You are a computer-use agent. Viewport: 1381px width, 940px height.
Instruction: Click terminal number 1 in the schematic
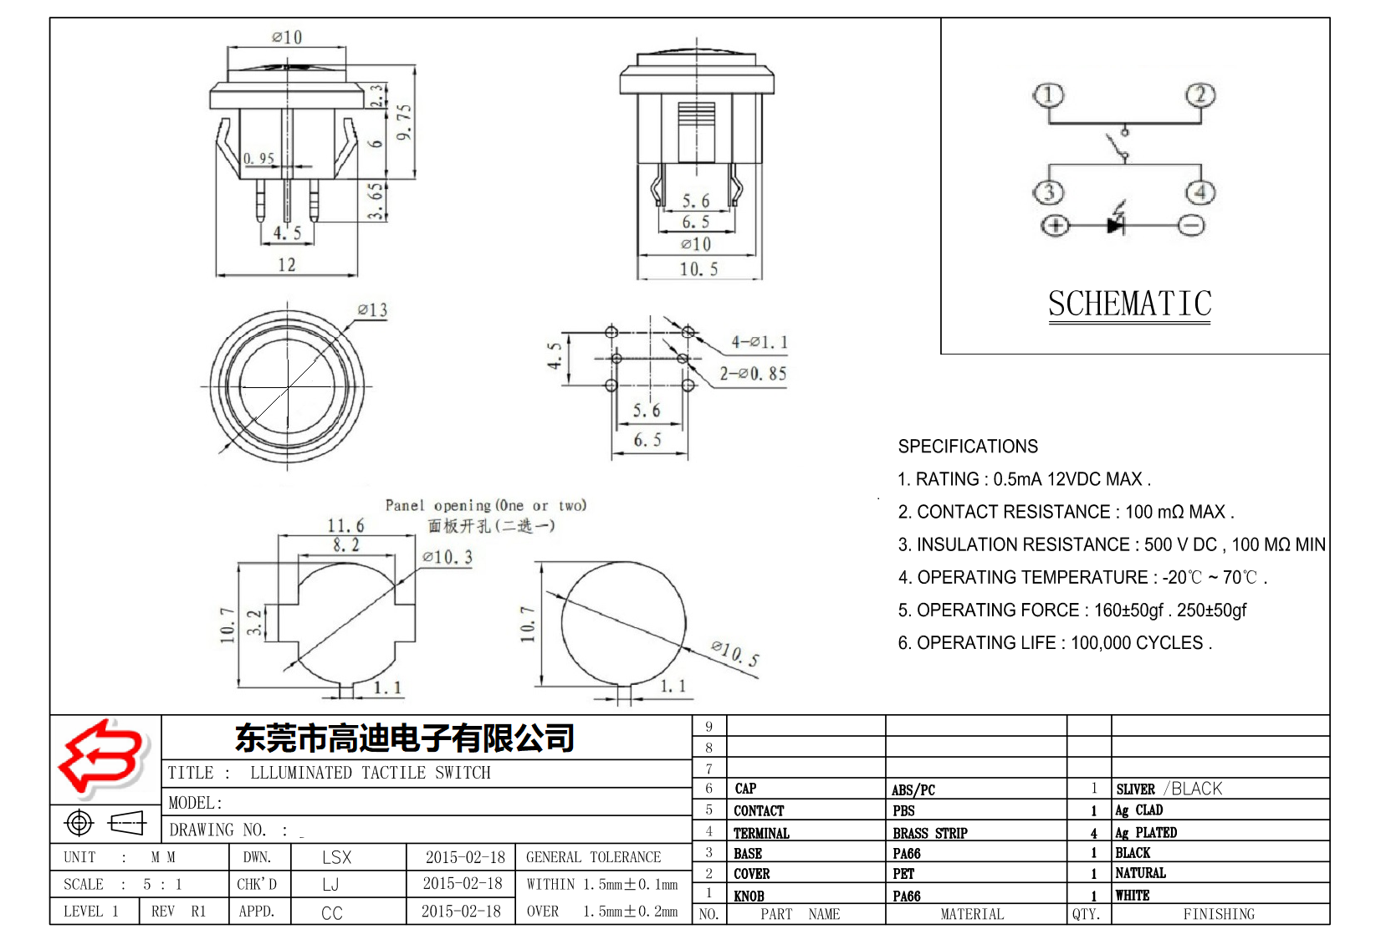coord(1048,95)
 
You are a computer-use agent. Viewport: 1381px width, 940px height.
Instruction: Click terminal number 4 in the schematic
coord(1200,193)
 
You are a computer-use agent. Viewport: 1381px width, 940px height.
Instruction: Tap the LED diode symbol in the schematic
coord(1117,223)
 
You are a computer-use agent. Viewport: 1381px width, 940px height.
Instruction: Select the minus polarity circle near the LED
coord(1191,225)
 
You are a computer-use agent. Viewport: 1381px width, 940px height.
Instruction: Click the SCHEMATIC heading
coord(1129,304)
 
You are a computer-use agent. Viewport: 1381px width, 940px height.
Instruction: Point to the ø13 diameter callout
coord(372,310)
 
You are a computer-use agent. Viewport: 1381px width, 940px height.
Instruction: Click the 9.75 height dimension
coord(404,122)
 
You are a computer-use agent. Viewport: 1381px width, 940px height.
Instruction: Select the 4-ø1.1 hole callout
coord(760,342)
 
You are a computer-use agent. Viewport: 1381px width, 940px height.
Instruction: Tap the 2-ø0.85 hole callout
coord(753,374)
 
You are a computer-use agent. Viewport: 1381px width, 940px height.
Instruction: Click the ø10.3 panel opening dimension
coord(448,557)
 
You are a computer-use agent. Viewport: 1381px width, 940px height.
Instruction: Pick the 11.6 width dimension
coord(345,526)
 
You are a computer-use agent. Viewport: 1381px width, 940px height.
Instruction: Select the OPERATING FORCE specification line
coord(1072,610)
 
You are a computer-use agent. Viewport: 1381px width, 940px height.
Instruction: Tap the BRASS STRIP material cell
coord(929,833)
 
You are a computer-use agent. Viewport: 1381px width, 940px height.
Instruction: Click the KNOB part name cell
coord(749,896)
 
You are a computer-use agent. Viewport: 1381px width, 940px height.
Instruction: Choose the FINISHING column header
coord(1218,914)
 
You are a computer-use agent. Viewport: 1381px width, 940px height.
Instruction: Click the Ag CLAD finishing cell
coord(1138,810)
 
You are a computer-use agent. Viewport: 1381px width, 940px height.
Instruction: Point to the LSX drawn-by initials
coord(336,857)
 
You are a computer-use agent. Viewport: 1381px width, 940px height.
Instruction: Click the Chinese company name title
coord(405,738)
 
